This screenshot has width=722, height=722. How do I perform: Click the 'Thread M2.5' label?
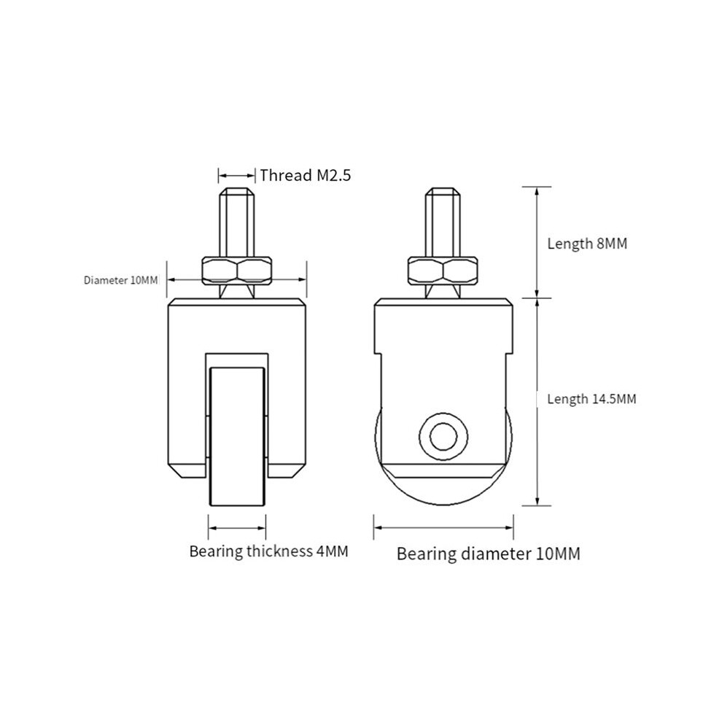point(306,176)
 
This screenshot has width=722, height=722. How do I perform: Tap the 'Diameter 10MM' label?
point(120,280)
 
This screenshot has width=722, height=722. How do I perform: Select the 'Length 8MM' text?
point(587,243)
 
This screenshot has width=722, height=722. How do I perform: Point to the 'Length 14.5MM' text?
point(591,399)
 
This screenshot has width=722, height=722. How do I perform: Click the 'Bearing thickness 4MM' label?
point(269,551)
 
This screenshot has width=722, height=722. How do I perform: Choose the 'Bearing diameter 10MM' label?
point(489,554)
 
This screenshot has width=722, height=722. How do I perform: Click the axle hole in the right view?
point(443,437)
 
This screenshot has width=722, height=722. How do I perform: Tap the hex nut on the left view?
point(237,271)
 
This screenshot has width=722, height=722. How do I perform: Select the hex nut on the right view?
point(443,271)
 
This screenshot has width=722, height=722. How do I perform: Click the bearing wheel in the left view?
point(237,436)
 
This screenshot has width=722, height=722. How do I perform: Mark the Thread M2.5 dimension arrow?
point(237,176)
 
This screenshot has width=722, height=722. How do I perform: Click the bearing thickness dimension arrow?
point(237,528)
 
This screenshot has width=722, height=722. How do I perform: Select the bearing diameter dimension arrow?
point(443,528)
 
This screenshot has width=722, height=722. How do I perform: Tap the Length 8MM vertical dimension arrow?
point(537,242)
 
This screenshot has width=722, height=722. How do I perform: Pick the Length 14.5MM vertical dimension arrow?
point(537,402)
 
